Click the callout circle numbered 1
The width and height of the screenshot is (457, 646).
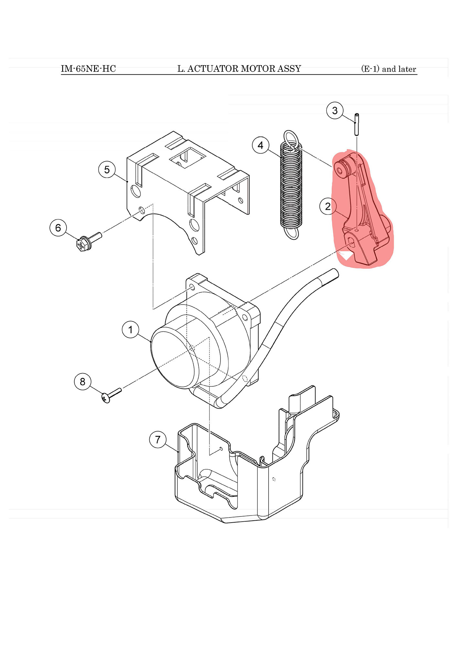pos(131,329)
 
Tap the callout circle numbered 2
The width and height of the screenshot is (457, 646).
pos(328,206)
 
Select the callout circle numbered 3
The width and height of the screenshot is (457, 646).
pos(335,110)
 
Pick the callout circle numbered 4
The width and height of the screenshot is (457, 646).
pos(260,145)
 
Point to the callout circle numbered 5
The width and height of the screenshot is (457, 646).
pos(107,170)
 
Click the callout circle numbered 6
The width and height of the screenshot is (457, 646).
pos(58,228)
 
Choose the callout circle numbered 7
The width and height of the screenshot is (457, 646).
pos(158,440)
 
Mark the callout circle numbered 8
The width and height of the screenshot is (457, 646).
pos(83,381)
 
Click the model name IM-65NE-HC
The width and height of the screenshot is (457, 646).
pos(88,69)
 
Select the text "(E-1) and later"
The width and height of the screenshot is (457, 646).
pos(388,69)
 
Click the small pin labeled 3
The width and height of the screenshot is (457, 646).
pos(357,124)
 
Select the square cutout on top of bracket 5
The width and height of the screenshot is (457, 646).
pos(188,157)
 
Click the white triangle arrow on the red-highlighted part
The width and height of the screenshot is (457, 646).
pos(346,255)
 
